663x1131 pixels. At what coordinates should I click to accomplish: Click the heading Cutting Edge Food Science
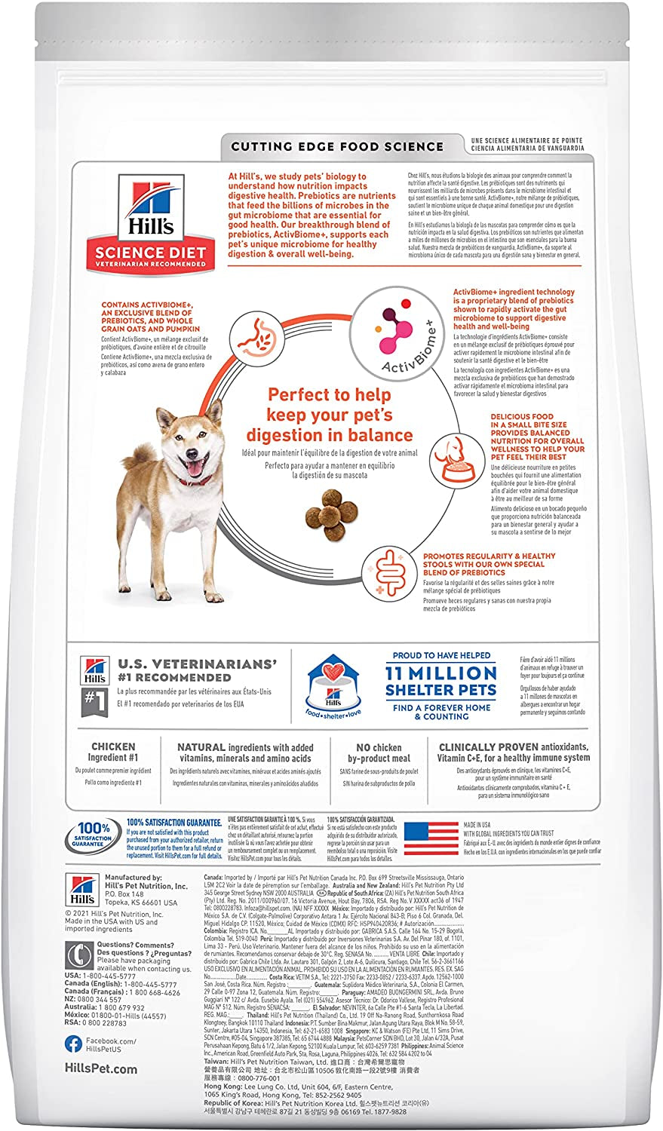tap(337, 146)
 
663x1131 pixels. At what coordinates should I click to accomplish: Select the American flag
tap(431, 841)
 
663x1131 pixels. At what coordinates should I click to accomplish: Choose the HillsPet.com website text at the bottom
tap(101, 1068)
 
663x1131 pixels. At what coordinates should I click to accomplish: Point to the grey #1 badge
tap(93, 702)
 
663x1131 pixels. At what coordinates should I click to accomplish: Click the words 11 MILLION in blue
tap(440, 673)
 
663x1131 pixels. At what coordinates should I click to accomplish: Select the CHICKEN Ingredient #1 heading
tap(113, 752)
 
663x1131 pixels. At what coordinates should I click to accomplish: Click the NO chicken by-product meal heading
tap(379, 752)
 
